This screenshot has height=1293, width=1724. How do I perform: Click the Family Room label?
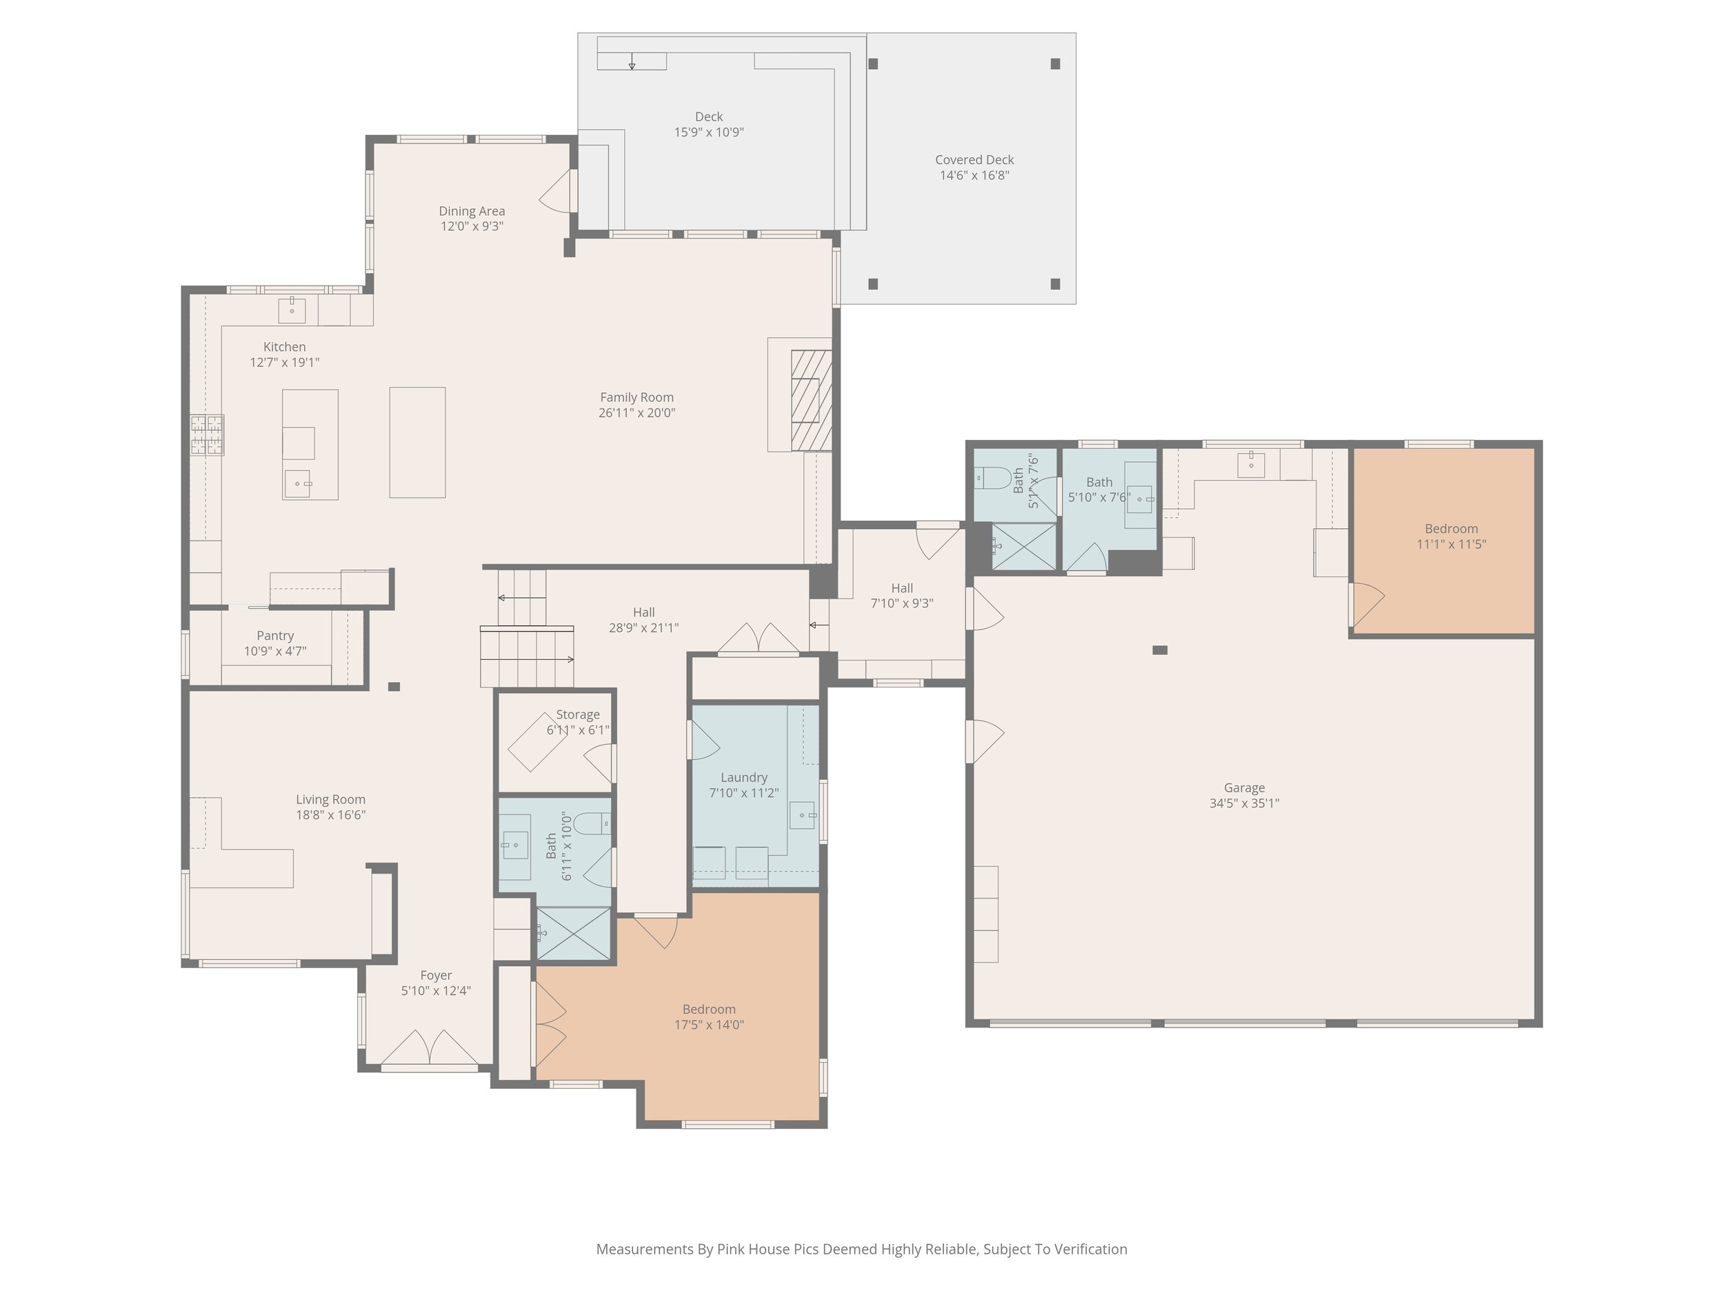pos(636,397)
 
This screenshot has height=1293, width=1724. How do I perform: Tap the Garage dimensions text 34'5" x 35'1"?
pos(1244,803)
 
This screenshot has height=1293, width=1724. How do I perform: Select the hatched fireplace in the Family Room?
pos(812,400)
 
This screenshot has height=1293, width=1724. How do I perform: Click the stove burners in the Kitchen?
pos(208,435)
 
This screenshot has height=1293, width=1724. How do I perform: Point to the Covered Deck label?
pos(974,160)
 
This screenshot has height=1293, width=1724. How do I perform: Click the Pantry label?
pos(275,635)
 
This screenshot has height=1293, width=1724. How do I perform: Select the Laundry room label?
pos(743,777)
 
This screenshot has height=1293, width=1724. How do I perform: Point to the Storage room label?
pos(577,714)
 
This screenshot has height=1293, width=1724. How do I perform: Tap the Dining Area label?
pos(472,210)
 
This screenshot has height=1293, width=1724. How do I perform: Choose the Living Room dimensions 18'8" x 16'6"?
pos(330,814)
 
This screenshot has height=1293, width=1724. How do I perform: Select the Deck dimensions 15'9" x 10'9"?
pos(708,132)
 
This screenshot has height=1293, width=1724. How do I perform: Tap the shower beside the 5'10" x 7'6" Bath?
pos(1023,546)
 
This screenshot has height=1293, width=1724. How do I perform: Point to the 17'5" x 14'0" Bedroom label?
pos(708,1008)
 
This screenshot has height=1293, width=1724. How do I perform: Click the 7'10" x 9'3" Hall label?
pos(902,588)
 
